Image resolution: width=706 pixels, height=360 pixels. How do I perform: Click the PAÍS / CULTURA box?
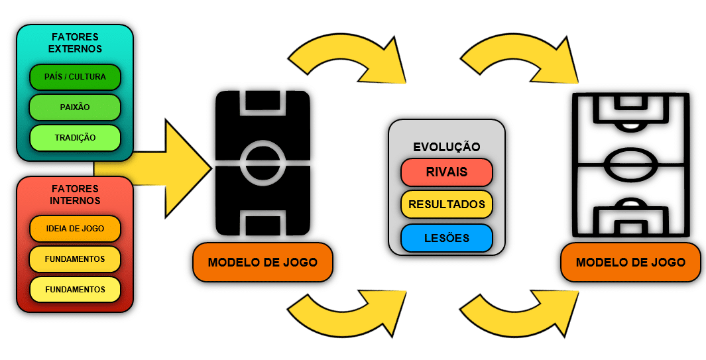pyautogui.click(x=75, y=77)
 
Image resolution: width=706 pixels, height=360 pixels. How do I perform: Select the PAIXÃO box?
pyautogui.click(x=75, y=107)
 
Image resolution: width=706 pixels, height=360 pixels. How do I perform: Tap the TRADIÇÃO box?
pyautogui.click(x=75, y=137)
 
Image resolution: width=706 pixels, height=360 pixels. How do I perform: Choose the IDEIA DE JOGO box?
pyautogui.click(x=75, y=229)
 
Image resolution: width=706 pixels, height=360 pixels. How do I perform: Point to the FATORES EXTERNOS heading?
pyautogui.click(x=75, y=42)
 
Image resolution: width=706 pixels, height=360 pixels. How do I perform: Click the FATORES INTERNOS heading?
pyautogui.click(x=75, y=194)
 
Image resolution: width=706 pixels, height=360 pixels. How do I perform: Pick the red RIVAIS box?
pyautogui.click(x=447, y=172)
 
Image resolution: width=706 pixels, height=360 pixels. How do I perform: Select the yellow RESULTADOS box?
pyautogui.click(x=447, y=204)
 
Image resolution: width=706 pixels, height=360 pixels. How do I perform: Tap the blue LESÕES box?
pyautogui.click(x=447, y=238)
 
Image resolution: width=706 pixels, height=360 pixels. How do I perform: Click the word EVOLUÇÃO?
pyautogui.click(x=447, y=147)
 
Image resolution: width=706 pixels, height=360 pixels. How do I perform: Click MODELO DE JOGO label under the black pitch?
pyautogui.click(x=263, y=262)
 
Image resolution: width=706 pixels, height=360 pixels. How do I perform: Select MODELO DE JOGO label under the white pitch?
pyautogui.click(x=630, y=262)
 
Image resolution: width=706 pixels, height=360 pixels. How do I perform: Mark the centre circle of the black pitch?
pyautogui.click(x=263, y=162)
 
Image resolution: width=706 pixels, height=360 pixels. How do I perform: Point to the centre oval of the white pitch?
pyautogui.click(x=630, y=162)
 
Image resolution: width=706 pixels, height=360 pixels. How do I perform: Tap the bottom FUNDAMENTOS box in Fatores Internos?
pyautogui.click(x=75, y=289)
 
